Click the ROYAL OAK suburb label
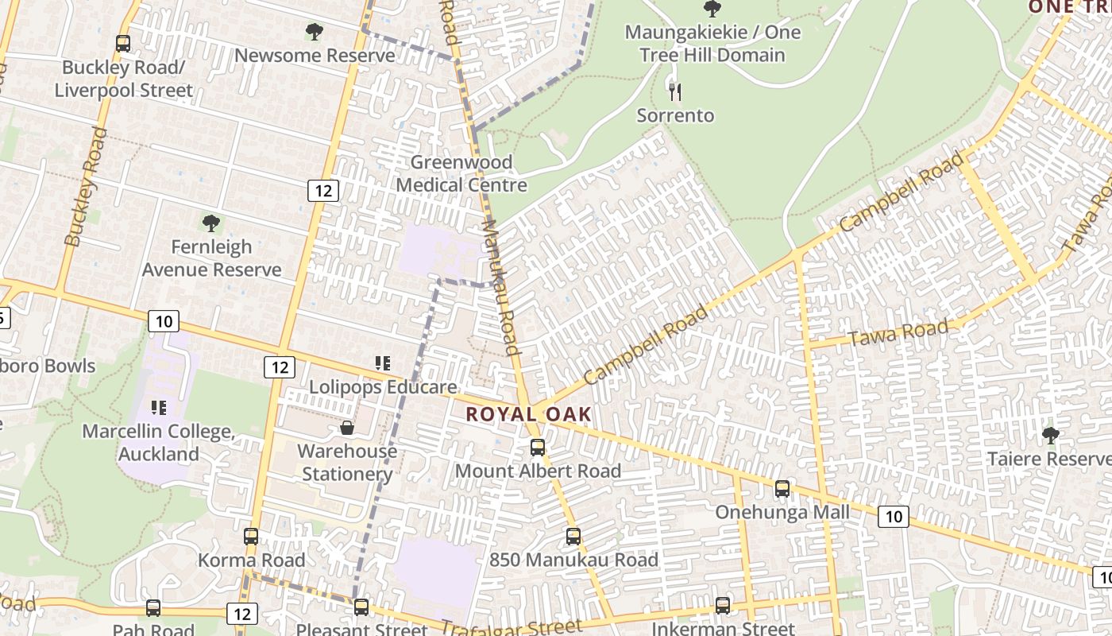coord(529,414)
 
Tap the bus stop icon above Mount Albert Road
coord(538,448)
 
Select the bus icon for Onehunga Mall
coord(782,489)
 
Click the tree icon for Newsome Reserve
coord(315,32)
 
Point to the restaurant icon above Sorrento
coord(675,92)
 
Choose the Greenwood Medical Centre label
coord(461,173)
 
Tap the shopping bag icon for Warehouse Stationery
coord(347,429)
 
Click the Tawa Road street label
coord(899,333)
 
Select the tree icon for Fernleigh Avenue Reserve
coord(211,223)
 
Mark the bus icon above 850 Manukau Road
coord(573,537)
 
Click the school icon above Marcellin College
coord(159,408)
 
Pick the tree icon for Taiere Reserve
coord(1051,436)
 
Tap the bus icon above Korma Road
coord(251,537)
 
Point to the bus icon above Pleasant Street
coord(361,607)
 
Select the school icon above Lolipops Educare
coord(383,363)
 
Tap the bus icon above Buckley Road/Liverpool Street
coord(123,44)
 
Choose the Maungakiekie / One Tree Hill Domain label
coord(712,44)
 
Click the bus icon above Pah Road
coord(153,608)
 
